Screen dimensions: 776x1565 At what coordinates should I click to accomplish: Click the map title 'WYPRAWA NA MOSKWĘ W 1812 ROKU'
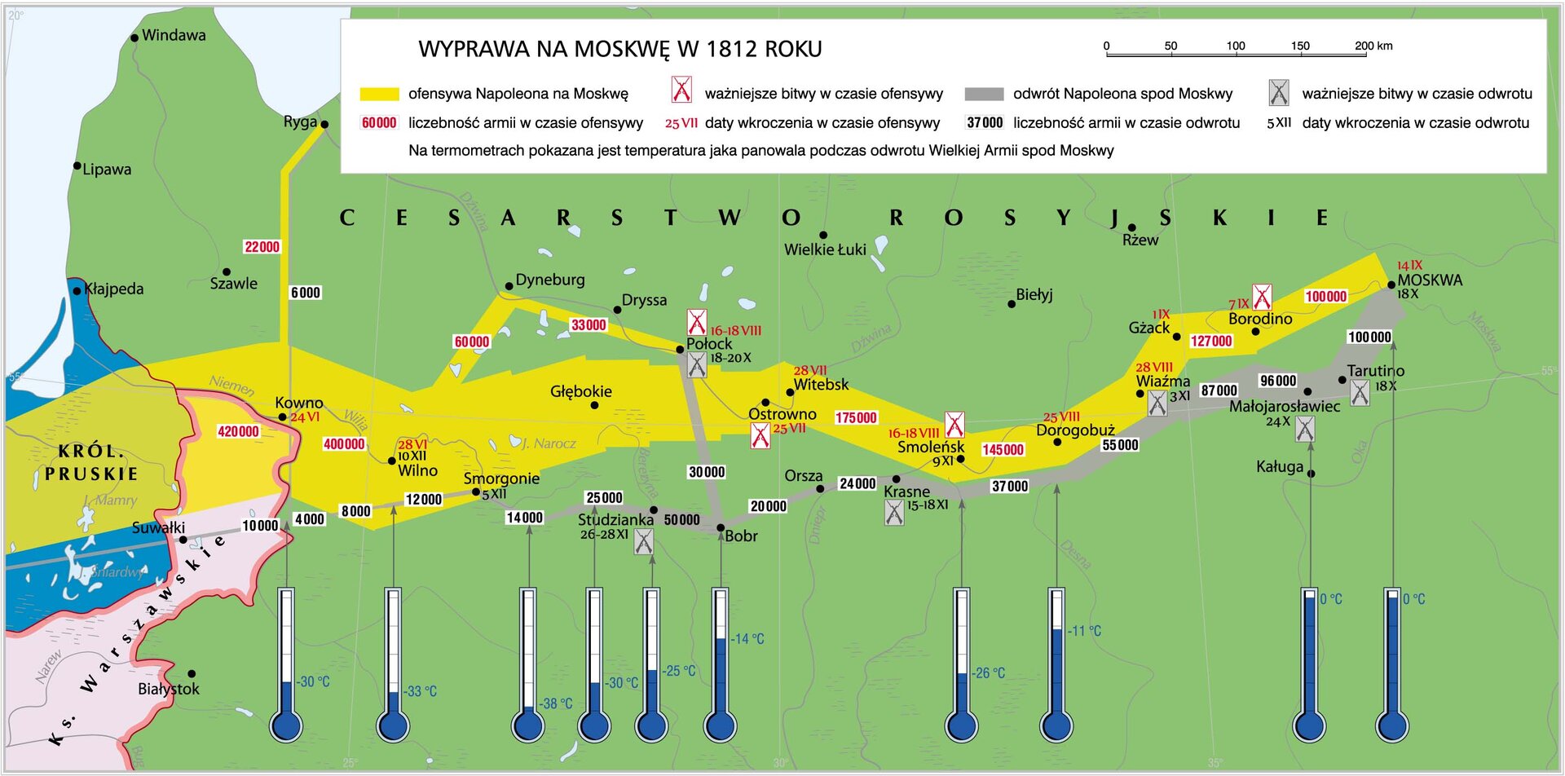pyautogui.click(x=619, y=49)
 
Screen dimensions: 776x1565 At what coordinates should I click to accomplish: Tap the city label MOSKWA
pyautogui.click(x=1430, y=280)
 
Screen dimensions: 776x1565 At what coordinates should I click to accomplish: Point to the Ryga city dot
pyautogui.click(x=324, y=125)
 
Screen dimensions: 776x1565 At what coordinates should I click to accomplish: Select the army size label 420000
pyautogui.click(x=238, y=431)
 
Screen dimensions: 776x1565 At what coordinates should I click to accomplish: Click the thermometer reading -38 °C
pyautogui.click(x=557, y=703)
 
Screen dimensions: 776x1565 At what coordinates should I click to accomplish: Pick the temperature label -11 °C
pyautogui.click(x=1085, y=631)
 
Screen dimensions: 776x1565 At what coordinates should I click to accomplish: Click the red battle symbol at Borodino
pyautogui.click(x=1262, y=297)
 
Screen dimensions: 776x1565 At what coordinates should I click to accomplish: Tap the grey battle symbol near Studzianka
pyautogui.click(x=644, y=541)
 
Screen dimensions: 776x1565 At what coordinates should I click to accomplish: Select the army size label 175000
pyautogui.click(x=856, y=417)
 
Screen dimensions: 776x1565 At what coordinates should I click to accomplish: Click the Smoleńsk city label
pyautogui.click(x=930, y=447)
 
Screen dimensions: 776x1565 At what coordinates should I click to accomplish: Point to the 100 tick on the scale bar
pyautogui.click(x=1236, y=46)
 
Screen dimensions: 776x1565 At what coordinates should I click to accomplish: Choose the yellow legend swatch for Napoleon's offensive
pyautogui.click(x=379, y=95)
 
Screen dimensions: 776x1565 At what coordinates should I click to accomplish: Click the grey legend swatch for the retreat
pyautogui.click(x=984, y=95)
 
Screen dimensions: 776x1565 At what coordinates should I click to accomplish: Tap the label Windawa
pyautogui.click(x=174, y=35)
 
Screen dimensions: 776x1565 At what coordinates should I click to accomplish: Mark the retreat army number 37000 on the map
pyautogui.click(x=1009, y=486)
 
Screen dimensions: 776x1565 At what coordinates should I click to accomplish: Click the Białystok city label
pyautogui.click(x=169, y=689)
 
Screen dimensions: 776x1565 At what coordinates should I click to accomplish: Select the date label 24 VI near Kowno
pyautogui.click(x=305, y=417)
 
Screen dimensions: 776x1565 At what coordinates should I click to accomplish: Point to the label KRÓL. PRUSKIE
pyautogui.click(x=91, y=462)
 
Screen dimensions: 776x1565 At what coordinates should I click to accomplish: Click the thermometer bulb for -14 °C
pyautogui.click(x=721, y=725)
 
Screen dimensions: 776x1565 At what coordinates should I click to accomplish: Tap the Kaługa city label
pyautogui.click(x=1280, y=466)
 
